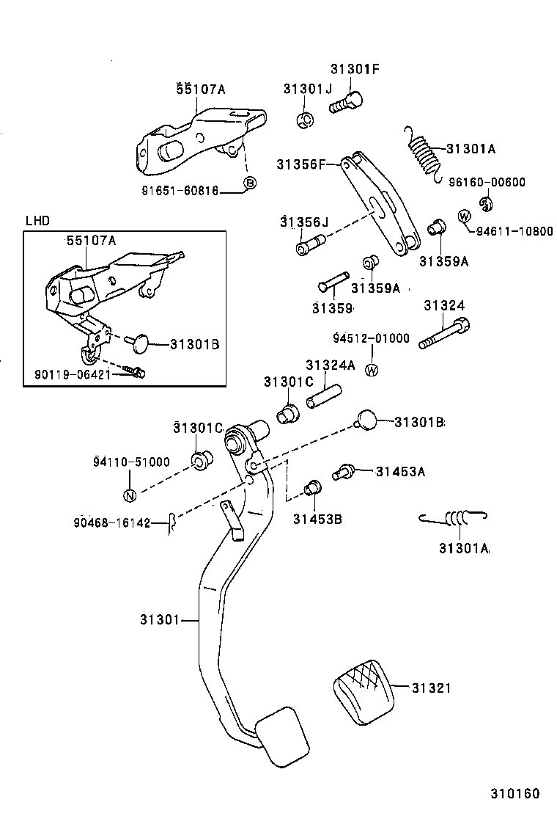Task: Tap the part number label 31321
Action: (x=431, y=688)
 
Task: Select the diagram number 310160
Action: (x=514, y=794)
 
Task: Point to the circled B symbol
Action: (x=249, y=183)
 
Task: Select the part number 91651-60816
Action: (x=180, y=190)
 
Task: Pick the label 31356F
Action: (x=300, y=164)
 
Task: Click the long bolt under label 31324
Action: (x=443, y=335)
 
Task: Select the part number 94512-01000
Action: (x=371, y=338)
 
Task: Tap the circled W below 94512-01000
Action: (x=372, y=369)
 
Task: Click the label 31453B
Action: (x=317, y=520)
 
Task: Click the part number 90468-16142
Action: (x=111, y=522)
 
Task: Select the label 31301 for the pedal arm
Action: (x=160, y=620)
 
